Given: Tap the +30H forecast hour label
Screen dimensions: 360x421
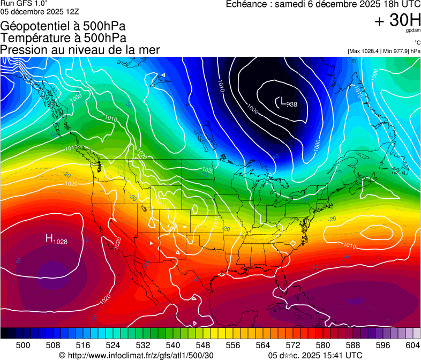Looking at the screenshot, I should (397, 21).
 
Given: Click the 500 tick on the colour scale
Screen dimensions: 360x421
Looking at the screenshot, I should (23, 345).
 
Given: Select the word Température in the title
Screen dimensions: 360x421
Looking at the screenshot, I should (33, 38).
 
